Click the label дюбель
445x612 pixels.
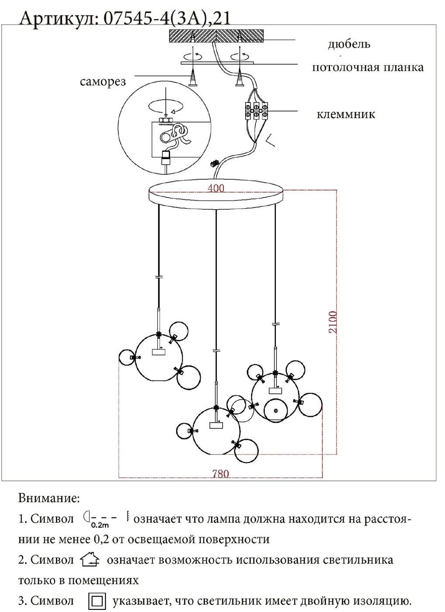pos(349,44)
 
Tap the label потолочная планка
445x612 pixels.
pos(367,67)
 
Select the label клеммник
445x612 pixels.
pos(346,115)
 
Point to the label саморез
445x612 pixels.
pos(103,82)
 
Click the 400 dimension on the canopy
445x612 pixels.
pos(216,188)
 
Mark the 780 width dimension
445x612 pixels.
pos(220,473)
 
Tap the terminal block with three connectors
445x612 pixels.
pos(256,110)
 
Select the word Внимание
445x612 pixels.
pos(49,498)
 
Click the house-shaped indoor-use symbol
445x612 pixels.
pos(90,560)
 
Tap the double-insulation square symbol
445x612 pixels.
pos(97,601)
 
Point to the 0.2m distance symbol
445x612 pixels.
pos(100,519)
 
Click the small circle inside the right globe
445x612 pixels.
pos(275,410)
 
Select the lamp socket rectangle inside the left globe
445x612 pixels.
pos(158,351)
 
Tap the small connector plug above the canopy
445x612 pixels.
pos(214,163)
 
